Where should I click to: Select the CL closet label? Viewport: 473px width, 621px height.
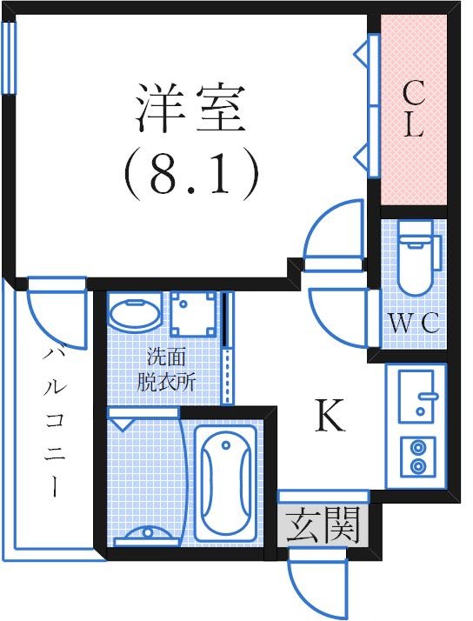tap(412, 110)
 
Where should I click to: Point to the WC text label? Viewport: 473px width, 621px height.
tap(413, 323)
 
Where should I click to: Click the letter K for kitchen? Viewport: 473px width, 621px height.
tap(330, 418)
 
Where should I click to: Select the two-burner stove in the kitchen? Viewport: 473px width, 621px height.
tap(416, 457)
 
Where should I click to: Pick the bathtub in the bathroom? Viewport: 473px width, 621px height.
tap(224, 484)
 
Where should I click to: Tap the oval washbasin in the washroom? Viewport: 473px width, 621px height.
tap(135, 313)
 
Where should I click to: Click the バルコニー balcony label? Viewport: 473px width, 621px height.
tap(54, 422)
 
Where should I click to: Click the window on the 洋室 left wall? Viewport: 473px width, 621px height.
tap(9, 57)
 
